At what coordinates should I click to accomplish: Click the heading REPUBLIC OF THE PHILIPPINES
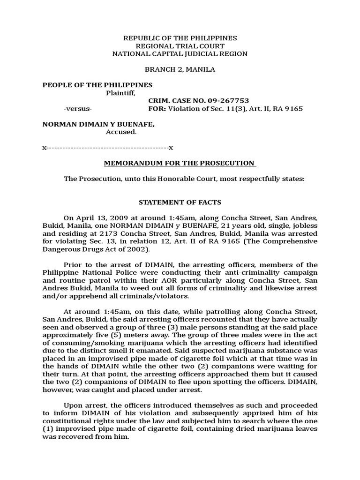[180, 38]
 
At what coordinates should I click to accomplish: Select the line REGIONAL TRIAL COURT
[180, 46]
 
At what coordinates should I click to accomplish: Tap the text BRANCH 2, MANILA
[180, 69]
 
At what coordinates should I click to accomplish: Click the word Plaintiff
[121, 93]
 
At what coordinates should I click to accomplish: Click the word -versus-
[78, 109]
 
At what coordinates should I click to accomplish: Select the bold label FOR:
[157, 109]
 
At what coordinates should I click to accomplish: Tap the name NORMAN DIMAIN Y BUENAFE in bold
[99, 124]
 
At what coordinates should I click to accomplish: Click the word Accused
[121, 132]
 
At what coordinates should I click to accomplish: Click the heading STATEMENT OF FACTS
[180, 202]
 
